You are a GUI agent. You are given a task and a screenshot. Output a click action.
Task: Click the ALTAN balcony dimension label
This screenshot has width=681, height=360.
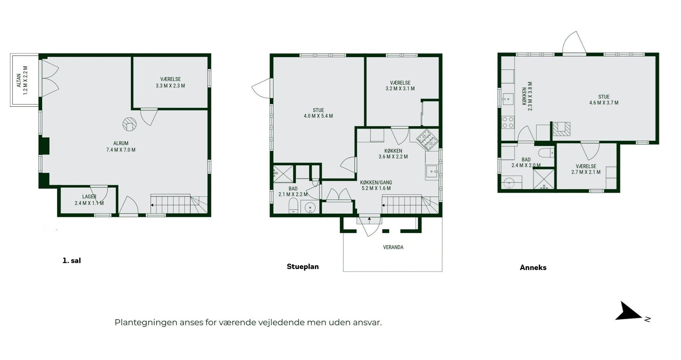click(22, 80)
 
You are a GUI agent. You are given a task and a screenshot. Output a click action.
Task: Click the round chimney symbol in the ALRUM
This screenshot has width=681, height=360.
click(129, 124)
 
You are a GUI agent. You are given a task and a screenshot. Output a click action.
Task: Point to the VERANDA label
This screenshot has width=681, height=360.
click(393, 247)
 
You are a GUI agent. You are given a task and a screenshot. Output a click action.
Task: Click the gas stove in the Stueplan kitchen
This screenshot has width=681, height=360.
click(427, 140)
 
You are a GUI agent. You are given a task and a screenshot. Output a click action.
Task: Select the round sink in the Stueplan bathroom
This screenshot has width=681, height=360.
click(310, 207)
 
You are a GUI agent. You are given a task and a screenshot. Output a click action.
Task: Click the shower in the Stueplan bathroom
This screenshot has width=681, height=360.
click(283, 174)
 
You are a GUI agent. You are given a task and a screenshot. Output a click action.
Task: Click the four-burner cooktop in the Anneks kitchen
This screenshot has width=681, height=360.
click(508, 123)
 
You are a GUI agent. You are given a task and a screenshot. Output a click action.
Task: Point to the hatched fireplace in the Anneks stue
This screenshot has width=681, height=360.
click(561, 129)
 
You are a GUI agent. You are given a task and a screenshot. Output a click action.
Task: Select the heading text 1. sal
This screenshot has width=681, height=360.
click(71, 260)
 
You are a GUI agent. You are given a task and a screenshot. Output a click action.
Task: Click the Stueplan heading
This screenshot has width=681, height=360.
click(303, 267)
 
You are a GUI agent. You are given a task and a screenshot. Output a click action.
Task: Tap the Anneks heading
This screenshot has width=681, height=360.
click(533, 268)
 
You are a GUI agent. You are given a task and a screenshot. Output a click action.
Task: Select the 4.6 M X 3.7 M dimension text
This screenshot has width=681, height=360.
click(604, 103)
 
